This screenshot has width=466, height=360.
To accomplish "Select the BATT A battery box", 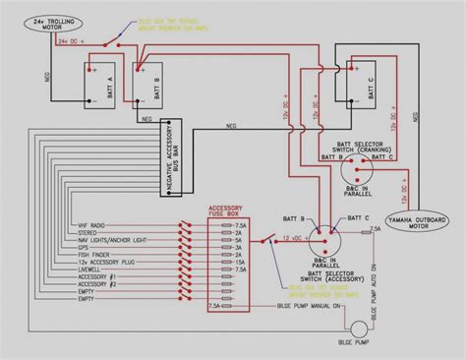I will click(x=101, y=85).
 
